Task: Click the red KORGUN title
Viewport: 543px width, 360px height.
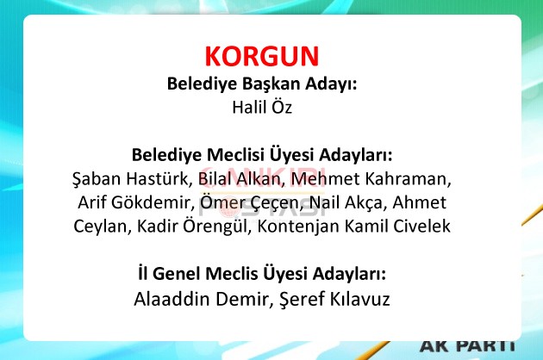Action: coord(262,56)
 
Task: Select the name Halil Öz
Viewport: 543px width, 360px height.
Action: coord(262,107)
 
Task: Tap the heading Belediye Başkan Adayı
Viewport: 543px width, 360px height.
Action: coord(262,84)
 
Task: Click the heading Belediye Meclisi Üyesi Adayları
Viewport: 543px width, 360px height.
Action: coord(262,155)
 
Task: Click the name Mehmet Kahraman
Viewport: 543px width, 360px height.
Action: coord(371,178)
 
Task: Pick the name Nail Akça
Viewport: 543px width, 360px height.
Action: coord(347,203)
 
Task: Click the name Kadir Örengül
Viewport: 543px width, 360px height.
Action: coord(193,227)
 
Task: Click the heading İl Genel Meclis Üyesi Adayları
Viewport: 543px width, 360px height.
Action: coord(262,274)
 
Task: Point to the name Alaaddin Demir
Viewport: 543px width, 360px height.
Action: coord(201,299)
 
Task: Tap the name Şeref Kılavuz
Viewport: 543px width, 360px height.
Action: coord(334,299)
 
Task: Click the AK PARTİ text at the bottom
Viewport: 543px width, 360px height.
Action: coord(467,346)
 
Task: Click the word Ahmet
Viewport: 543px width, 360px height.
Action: coord(420,202)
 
